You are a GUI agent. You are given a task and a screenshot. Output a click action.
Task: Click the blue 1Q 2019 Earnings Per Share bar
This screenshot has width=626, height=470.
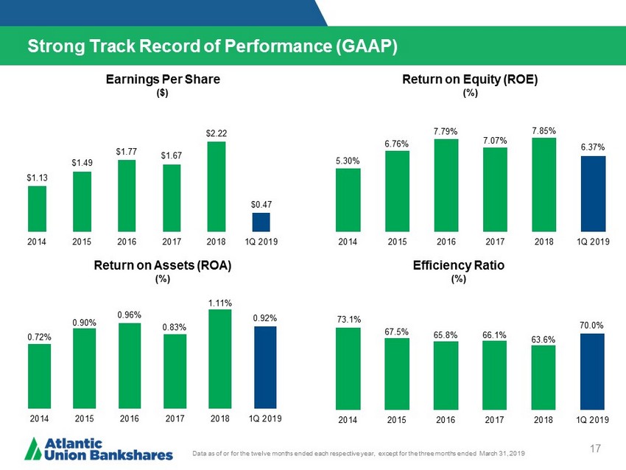click(261, 222)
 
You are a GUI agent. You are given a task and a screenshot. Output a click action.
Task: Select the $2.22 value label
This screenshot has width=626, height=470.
click(217, 133)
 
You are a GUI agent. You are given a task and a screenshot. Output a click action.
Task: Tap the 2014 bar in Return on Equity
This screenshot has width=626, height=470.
click(348, 200)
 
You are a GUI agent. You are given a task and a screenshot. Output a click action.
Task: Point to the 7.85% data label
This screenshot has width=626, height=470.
click(544, 130)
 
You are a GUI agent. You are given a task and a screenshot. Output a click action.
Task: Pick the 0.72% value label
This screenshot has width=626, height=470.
click(39, 337)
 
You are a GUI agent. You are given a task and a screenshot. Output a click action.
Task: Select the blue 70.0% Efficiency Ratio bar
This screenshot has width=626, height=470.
click(592, 371)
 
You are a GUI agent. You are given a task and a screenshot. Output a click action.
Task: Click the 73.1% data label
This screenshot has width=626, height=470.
click(348, 320)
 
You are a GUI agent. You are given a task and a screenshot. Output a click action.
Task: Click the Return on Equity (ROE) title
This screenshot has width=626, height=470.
click(470, 80)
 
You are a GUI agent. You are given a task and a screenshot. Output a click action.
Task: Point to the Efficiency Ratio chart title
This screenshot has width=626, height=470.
click(470, 266)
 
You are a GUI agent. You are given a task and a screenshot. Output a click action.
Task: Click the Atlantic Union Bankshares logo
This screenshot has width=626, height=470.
click(99, 448)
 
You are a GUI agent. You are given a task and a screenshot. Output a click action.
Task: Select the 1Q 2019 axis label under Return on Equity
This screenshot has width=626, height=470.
click(592, 241)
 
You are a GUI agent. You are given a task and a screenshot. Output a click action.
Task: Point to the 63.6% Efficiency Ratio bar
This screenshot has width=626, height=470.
click(544, 377)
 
